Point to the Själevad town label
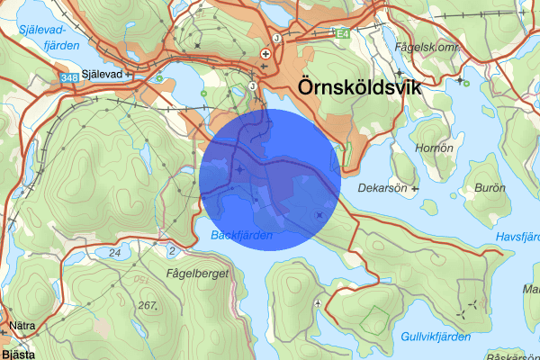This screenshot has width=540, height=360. (x=100, y=76)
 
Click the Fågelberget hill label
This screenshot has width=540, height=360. (x=196, y=271)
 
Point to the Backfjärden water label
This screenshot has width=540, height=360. (x=241, y=235)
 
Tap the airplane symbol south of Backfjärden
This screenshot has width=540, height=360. (x=319, y=303)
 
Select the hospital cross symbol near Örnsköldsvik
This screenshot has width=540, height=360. (x=265, y=55)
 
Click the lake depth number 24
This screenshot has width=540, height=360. (x=114, y=254)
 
